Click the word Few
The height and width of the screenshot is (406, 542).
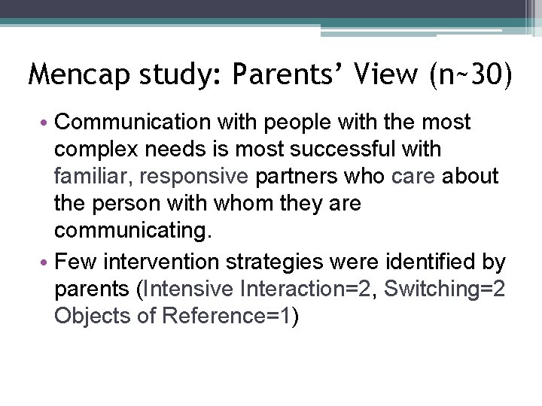coord(72,263)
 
